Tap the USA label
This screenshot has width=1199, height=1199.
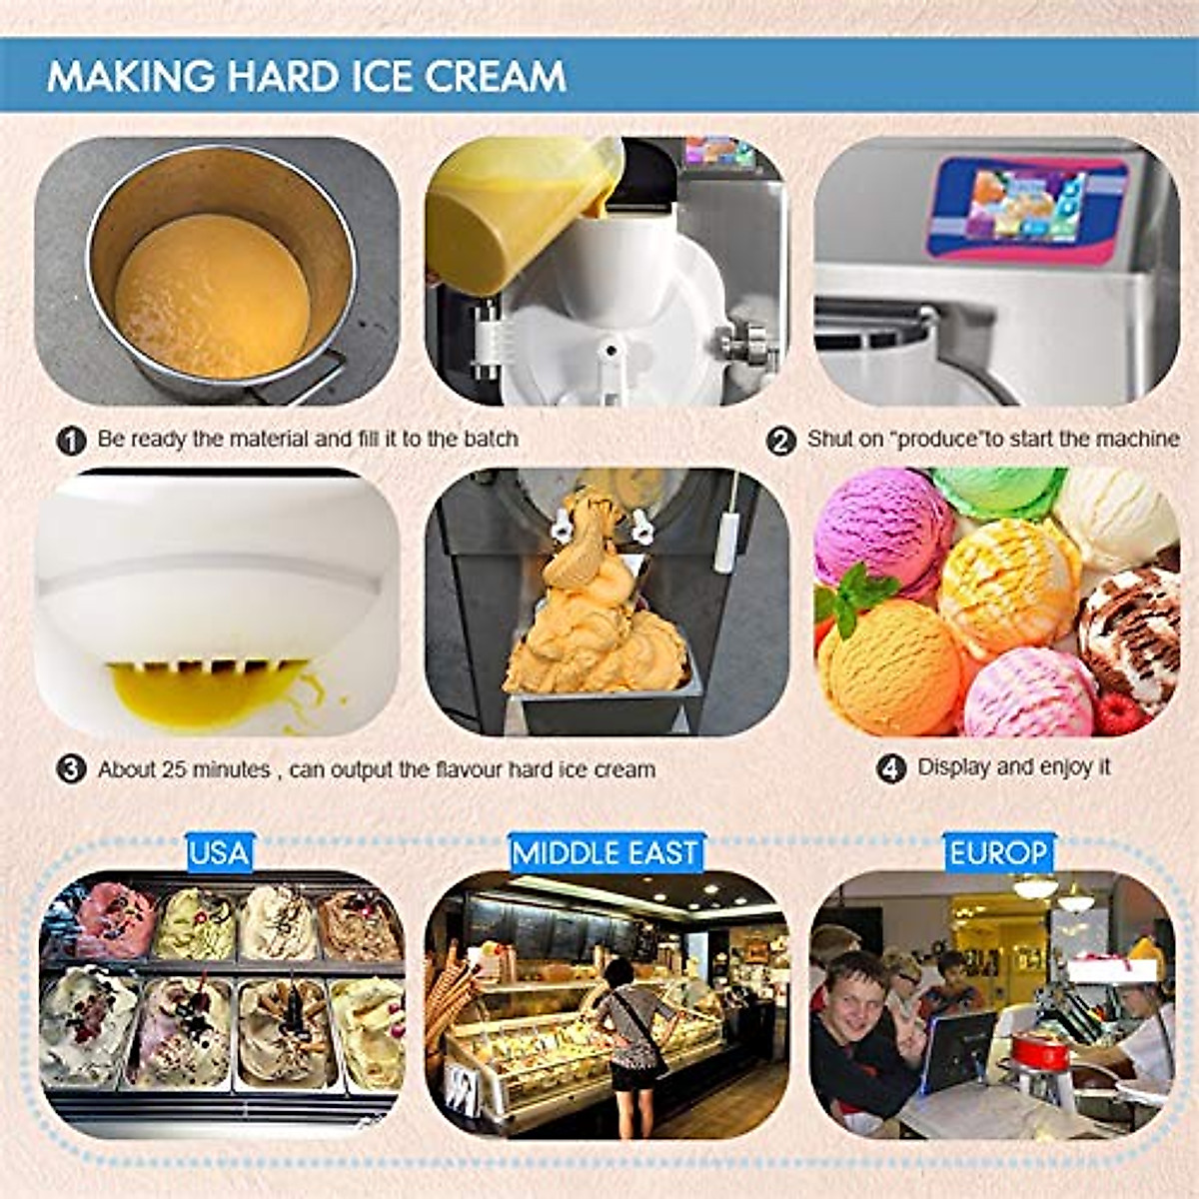[x=219, y=853]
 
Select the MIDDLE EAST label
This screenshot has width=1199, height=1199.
[x=604, y=853]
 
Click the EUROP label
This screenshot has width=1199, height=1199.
[x=998, y=853]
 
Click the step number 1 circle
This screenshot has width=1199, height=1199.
[x=71, y=440]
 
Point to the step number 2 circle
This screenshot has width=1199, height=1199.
[x=780, y=440]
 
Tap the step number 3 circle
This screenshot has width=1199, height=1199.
[x=71, y=770]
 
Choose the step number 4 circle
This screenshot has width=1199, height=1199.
[x=890, y=768]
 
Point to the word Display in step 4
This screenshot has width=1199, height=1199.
[x=952, y=767]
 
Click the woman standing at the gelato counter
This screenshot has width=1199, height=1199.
[x=628, y=1039]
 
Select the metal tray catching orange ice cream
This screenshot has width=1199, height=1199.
[x=599, y=704]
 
